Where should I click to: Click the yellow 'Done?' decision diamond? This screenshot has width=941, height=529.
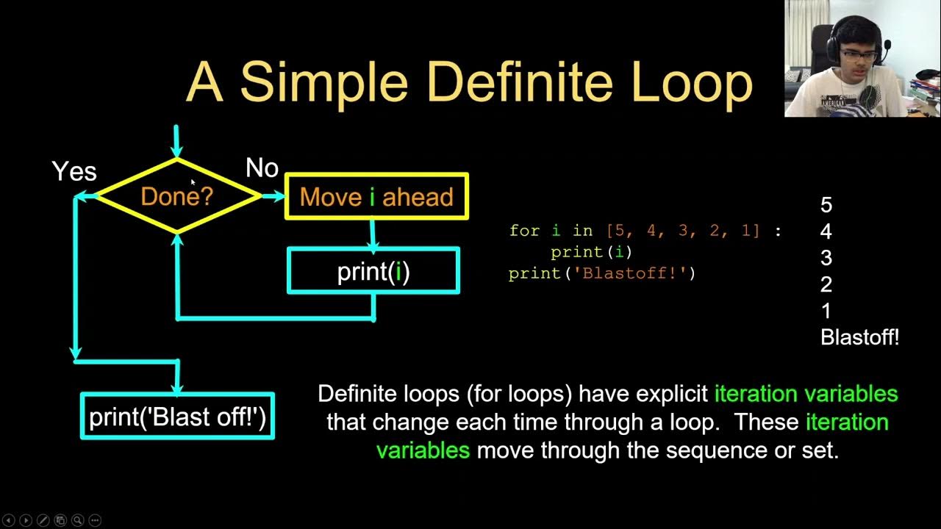pos(176,196)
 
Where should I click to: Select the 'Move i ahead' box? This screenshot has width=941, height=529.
pos(376,196)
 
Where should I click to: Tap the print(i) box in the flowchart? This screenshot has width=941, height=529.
pos(373,271)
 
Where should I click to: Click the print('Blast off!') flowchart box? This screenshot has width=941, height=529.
pos(177,417)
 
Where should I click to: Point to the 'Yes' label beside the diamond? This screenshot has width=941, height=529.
pos(74,171)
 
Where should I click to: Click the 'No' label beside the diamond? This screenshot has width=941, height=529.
pos(262,168)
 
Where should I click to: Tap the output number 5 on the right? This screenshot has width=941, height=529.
pos(826,205)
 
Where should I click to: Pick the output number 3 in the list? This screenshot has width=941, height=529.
pos(826,258)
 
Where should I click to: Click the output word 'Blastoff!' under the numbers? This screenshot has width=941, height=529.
pos(859,337)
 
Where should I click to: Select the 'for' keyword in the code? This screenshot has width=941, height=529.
pos(523,231)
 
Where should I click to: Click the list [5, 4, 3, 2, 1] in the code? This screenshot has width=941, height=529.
pos(683,231)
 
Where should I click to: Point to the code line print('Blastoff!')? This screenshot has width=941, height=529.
pos(601,273)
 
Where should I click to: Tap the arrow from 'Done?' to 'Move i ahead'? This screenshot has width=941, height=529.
pos(273,196)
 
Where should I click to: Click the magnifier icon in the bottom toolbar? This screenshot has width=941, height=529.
pos(77,520)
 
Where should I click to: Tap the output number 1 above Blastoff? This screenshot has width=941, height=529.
pos(826,311)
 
